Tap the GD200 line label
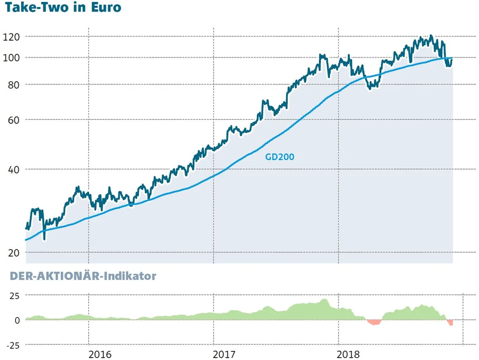coord(279,156)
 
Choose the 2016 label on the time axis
coord(100,354)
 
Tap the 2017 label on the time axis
coord(224,354)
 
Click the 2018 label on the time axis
coord(349,354)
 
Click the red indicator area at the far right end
coord(451,323)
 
